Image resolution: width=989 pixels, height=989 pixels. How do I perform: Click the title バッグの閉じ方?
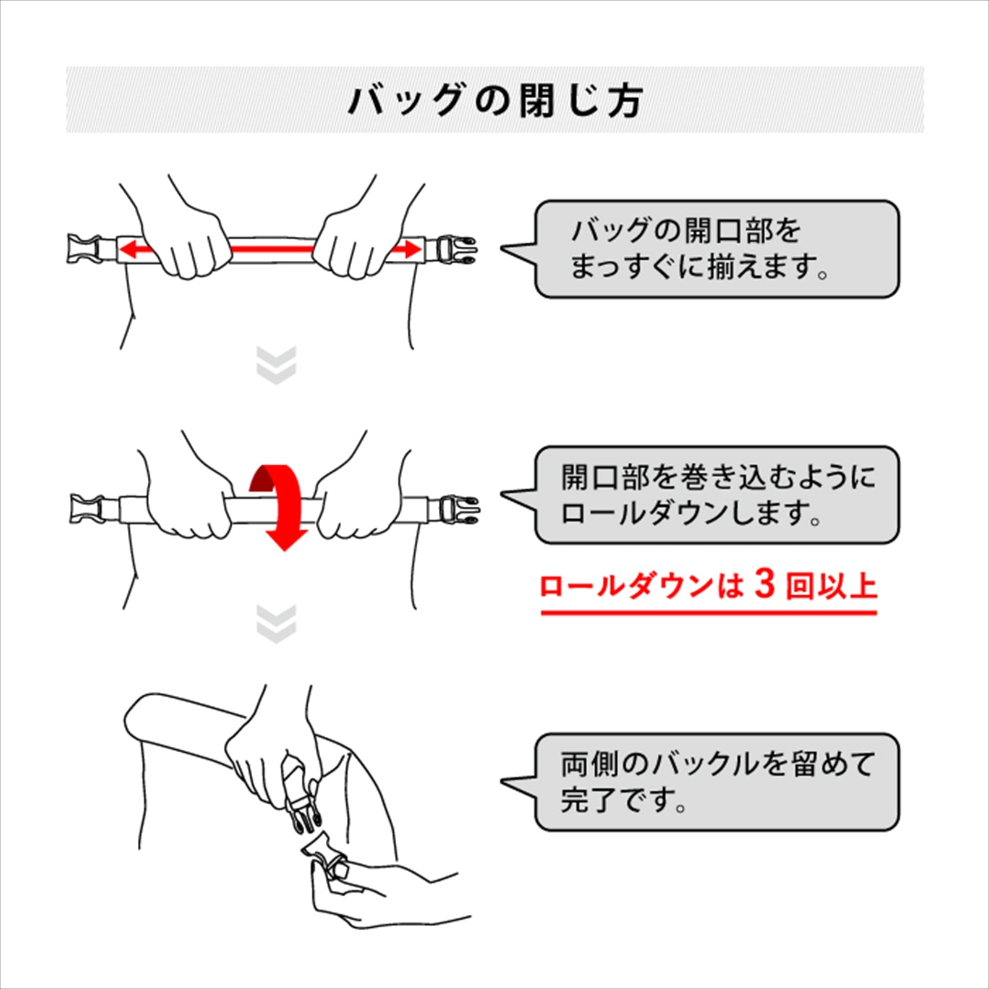(x=496, y=100)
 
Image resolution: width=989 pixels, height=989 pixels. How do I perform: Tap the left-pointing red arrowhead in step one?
(x=128, y=250)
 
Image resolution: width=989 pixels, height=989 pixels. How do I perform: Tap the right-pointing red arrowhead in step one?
(x=412, y=250)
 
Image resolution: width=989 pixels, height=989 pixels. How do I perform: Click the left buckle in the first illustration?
(x=83, y=249)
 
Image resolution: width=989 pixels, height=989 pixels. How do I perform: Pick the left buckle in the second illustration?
(x=87, y=509)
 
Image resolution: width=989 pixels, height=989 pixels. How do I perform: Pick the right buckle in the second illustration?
(x=459, y=509)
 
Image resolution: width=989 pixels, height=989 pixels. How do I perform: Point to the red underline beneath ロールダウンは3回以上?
(x=709, y=613)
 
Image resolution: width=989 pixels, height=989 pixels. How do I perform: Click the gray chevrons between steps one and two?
(x=276, y=365)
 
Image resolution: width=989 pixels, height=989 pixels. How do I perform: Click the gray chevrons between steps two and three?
(x=276, y=624)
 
